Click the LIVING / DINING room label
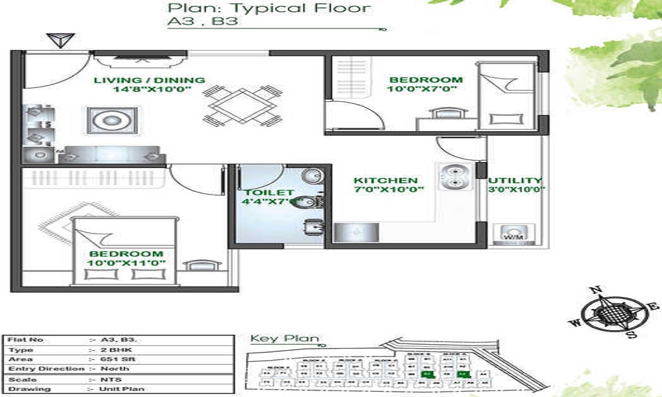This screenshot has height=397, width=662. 149,80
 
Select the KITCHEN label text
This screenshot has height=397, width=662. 385,181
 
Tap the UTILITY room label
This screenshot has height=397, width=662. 515,180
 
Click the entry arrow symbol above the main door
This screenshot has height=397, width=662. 60,40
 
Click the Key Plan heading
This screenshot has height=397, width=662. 284,339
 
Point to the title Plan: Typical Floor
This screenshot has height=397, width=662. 268,9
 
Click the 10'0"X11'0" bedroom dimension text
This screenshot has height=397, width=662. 126,263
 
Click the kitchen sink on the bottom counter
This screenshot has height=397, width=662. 356,232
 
